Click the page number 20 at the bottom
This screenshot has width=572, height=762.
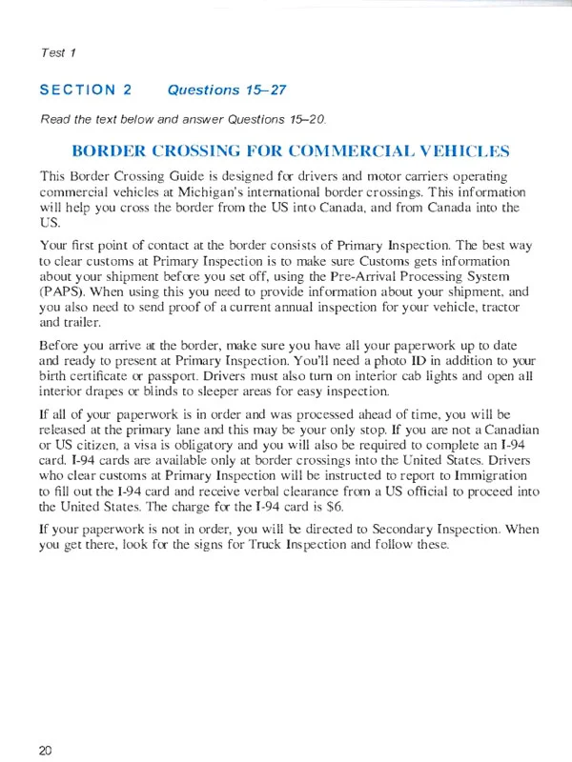coord(46,750)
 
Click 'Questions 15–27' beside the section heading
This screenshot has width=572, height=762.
coord(216,91)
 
